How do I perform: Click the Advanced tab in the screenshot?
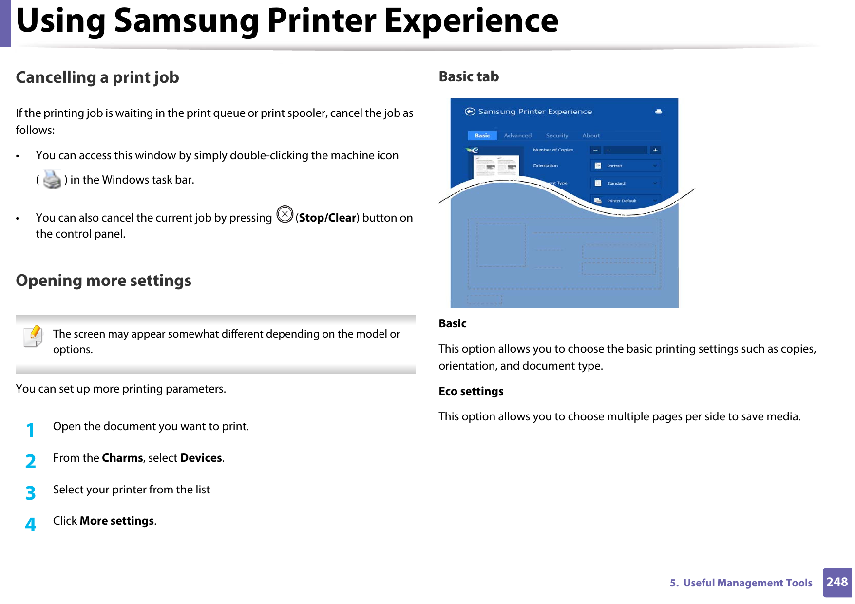517,136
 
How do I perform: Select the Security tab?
557,136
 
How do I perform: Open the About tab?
591,136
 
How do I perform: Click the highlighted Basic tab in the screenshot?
482,135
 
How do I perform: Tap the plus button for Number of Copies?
655,150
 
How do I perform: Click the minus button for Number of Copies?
595,150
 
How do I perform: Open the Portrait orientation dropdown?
626,166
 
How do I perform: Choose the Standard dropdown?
626,183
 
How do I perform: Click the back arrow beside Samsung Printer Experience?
470,112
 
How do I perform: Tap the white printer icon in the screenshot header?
659,112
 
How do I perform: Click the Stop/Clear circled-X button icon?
285,214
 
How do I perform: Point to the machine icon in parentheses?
52,179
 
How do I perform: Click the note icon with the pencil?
33,337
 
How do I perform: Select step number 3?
31,493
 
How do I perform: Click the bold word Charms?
123,458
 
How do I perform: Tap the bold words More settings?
117,521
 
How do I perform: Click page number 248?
837,582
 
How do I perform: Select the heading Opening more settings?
104,281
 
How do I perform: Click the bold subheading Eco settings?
471,391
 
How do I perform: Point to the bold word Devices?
201,458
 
